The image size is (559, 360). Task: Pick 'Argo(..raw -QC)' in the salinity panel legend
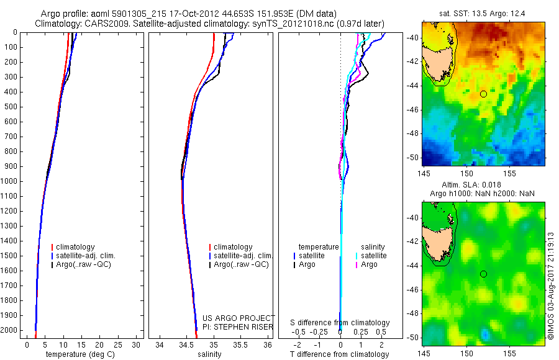pyautogui.click(x=241, y=264)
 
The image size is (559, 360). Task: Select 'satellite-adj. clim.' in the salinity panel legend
pyautogui.click(x=243, y=256)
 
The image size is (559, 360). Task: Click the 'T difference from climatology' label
pyautogui.click(x=339, y=354)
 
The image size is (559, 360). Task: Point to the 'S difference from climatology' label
pyautogui.click(x=340, y=323)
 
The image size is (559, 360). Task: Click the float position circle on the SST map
pyautogui.click(x=483, y=94)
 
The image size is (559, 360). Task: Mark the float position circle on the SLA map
pyautogui.click(x=483, y=274)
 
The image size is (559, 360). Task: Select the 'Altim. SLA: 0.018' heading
pyautogui.click(x=483, y=185)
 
